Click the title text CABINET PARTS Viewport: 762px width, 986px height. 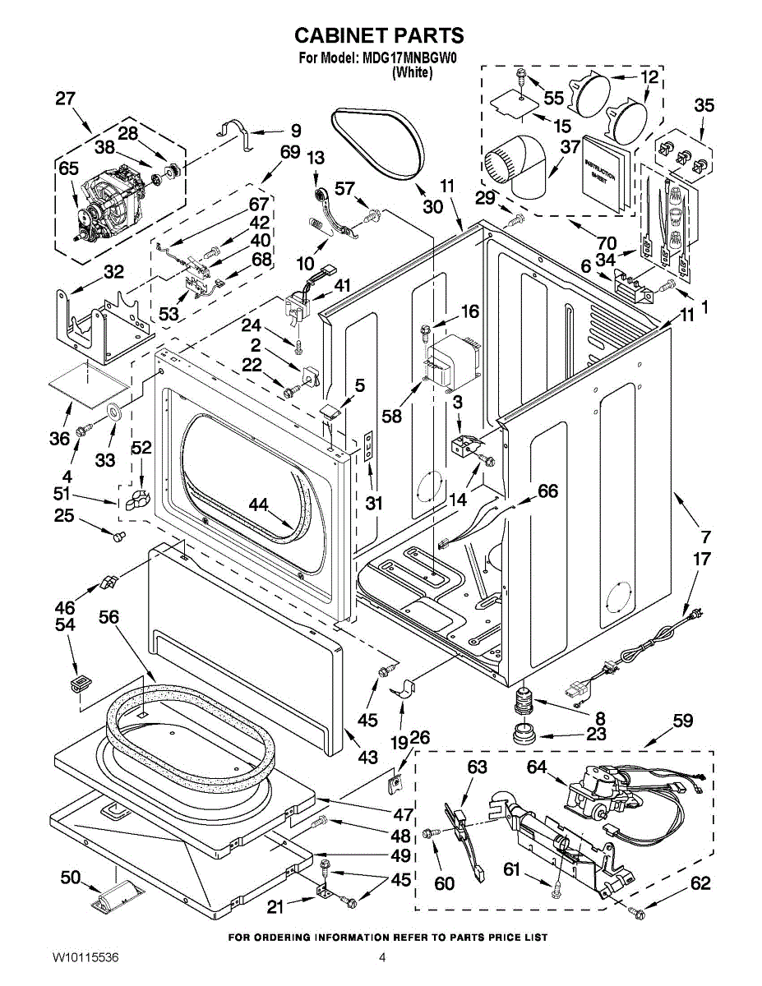tap(379, 35)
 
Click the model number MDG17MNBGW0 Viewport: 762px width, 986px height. tap(409, 58)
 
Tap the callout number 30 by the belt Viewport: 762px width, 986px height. tap(432, 206)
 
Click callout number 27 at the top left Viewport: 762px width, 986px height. tap(66, 99)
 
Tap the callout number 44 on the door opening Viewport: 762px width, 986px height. tap(259, 507)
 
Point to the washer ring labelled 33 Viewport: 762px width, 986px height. tap(113, 411)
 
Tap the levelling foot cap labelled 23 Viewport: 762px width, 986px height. tap(524, 730)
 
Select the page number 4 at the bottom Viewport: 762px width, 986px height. tap(382, 957)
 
